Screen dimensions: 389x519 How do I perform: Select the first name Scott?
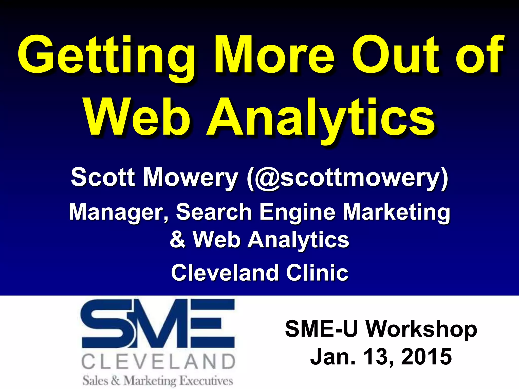point(103,177)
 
